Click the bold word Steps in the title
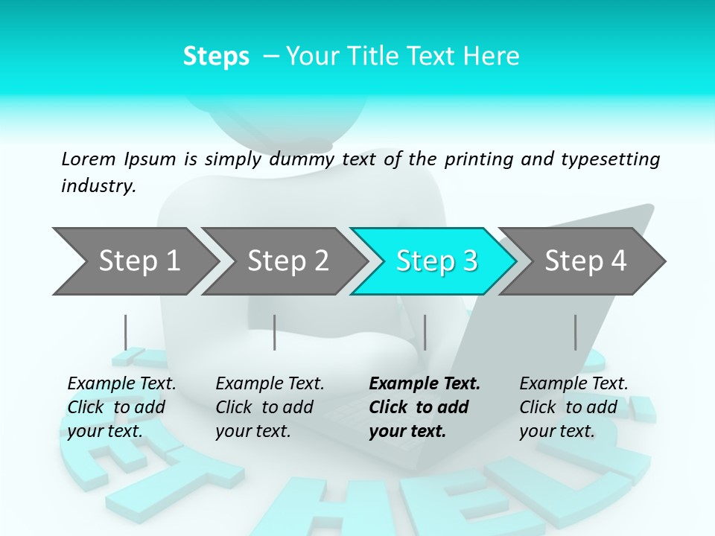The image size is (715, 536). [x=216, y=57]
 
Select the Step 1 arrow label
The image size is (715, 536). [x=139, y=261]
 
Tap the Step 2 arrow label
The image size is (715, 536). [x=288, y=261]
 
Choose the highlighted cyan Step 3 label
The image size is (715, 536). [x=436, y=261]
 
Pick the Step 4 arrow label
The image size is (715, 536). [x=585, y=261]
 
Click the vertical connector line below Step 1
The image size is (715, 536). [x=125, y=332]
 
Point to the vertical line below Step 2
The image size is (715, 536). [x=275, y=332]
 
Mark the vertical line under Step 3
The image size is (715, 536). [x=425, y=332]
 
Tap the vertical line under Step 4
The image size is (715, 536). [x=575, y=332]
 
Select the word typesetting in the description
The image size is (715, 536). [x=610, y=159]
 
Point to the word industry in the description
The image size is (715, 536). [x=98, y=185]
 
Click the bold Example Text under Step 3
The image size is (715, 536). [x=425, y=383]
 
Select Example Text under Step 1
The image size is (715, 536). [x=121, y=383]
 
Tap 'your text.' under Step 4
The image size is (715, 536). [x=557, y=431]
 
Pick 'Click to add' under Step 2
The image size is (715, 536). [x=264, y=407]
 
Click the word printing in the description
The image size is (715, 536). [x=479, y=159]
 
